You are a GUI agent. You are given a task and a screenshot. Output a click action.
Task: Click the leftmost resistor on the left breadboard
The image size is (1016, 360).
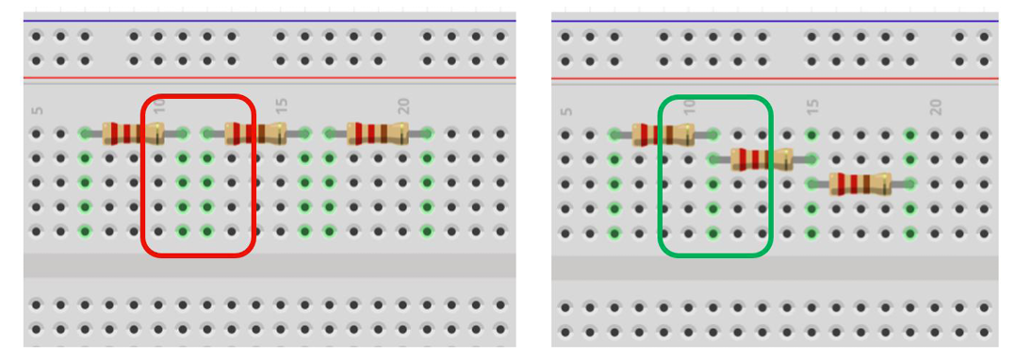pos(134,134)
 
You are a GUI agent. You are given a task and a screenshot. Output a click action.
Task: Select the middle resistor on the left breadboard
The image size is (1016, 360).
pos(255,134)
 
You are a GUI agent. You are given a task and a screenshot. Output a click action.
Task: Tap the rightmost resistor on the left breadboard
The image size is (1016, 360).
pos(378,134)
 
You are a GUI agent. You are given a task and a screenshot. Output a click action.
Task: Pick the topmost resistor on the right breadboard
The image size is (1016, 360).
pos(663,135)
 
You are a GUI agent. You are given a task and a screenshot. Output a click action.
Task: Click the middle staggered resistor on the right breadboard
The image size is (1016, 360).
pos(762,159)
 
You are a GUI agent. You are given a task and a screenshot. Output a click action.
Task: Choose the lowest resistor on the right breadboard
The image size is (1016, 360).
pos(860,184)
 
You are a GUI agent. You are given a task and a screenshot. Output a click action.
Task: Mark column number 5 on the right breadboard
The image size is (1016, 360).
pos(566,110)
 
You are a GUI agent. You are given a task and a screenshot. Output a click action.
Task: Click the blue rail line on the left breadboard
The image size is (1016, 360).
pos(270,21)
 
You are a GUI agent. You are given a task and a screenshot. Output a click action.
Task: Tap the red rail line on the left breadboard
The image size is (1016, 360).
pos(270,78)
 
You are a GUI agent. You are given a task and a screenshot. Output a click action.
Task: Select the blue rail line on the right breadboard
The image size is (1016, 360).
pos(775,22)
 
